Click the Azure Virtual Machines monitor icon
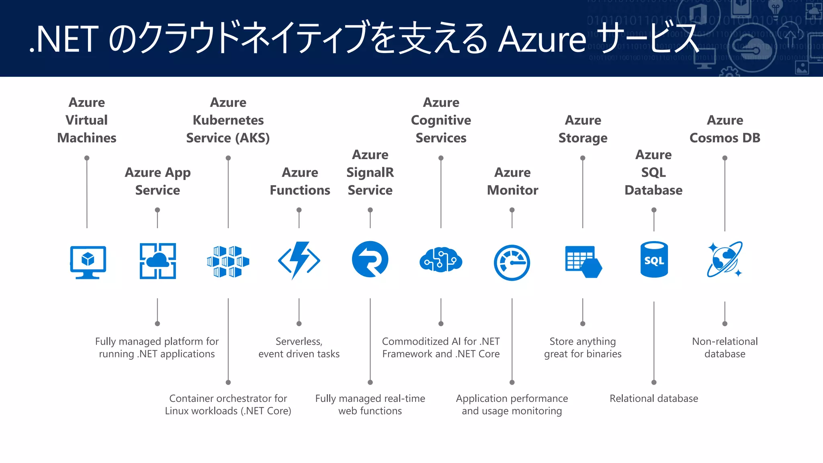88,262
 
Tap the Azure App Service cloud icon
158,261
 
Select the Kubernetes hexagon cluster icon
228,262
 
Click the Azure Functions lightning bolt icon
299,260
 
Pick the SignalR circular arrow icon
370,259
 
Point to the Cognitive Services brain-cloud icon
441,260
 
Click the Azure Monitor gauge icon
512,262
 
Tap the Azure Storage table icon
583,262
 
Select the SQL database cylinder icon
654,259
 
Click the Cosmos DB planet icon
725,259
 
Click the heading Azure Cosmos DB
725,129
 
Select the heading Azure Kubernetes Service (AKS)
228,120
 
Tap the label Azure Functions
300,181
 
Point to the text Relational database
654,398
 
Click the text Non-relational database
725,347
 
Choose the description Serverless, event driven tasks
299,347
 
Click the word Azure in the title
543,39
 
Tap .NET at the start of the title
64,39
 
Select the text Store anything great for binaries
583,347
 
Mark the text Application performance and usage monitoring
512,404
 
